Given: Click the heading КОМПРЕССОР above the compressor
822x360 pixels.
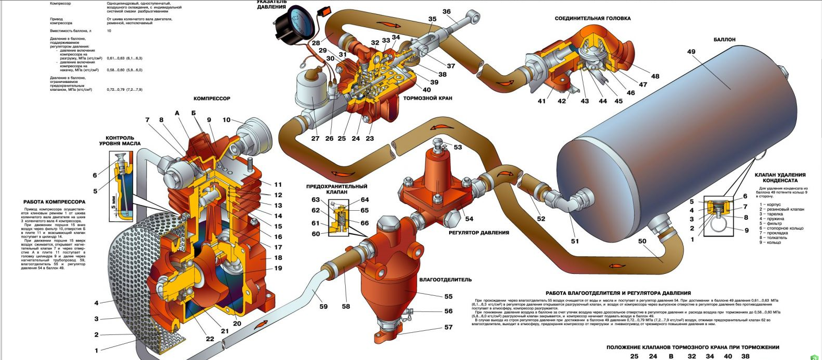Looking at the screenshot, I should coord(212,98).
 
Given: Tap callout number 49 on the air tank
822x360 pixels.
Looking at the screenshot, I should coord(691,52).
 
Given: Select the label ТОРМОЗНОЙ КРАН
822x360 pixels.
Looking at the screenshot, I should coord(427,98).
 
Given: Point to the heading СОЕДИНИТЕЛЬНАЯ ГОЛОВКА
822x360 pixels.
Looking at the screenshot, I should coord(592,18).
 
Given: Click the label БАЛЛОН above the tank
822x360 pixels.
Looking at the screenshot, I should coord(724,40).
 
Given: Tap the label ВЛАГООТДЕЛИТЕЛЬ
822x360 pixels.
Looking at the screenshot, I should coord(438,280).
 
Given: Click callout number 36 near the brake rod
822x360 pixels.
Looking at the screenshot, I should coord(446,11).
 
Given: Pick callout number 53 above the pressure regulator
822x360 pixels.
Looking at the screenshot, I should coord(457,147).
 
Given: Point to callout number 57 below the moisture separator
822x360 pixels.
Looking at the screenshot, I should coord(448,327).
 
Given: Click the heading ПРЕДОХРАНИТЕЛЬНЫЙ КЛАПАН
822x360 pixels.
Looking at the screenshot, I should coord(336,189).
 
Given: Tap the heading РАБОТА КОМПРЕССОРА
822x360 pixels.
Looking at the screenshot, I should coord(54,201).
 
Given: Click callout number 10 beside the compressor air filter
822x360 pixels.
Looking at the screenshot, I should coord(226,120).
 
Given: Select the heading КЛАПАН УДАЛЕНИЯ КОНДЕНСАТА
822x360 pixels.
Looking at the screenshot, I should coord(780,177).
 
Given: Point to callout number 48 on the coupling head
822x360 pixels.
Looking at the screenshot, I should coord(655,76).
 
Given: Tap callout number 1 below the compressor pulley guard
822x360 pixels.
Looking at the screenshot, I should coord(96,351).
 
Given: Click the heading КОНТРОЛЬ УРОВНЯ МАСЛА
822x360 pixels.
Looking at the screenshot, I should coord(120,141).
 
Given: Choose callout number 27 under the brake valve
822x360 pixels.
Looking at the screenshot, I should coord(315,139).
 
